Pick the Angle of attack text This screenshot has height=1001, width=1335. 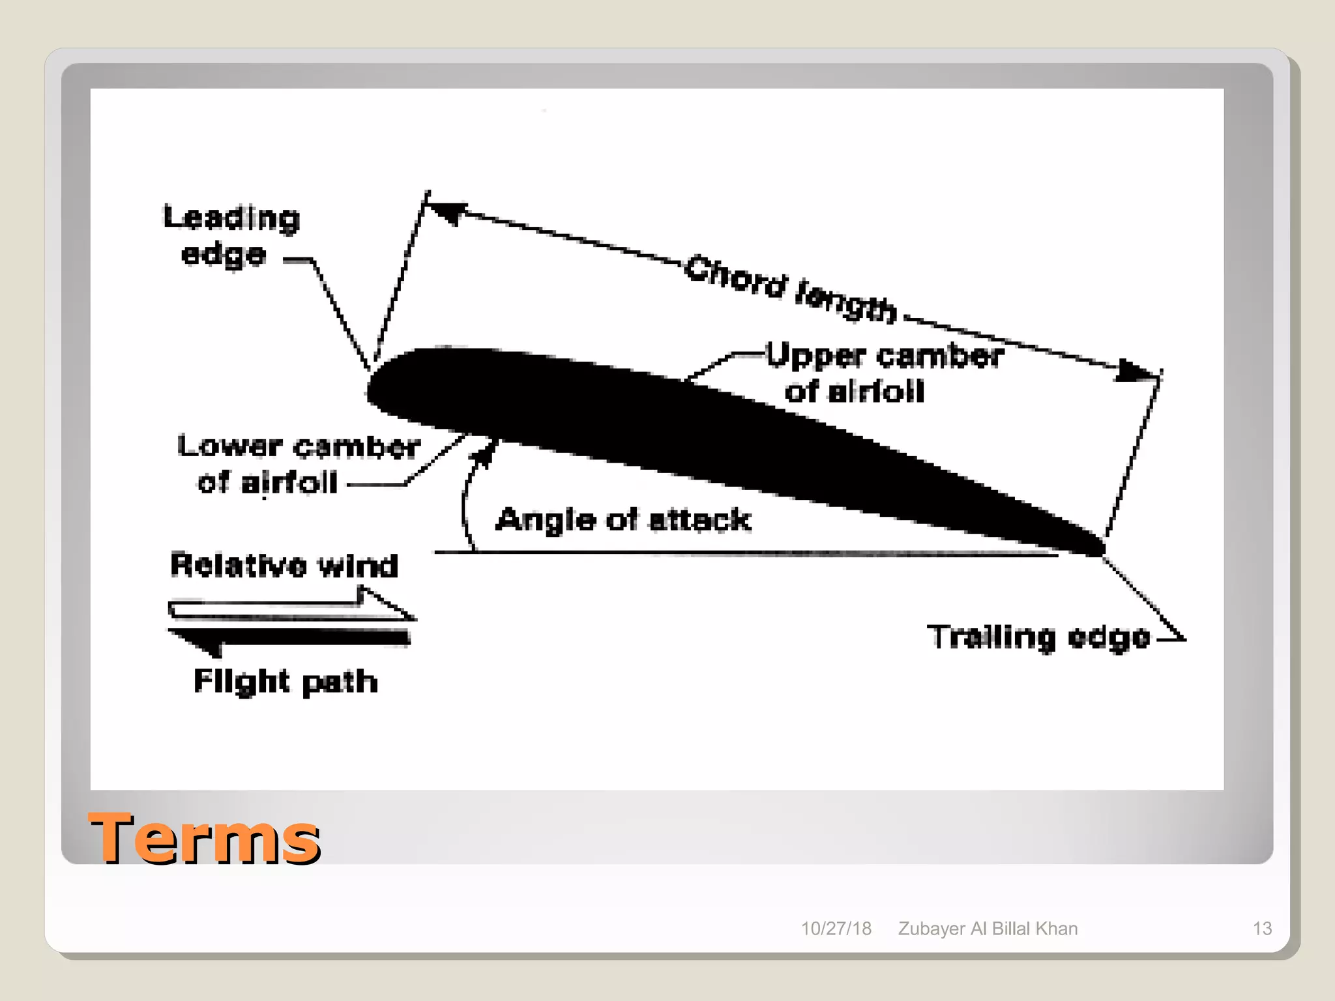coord(623,520)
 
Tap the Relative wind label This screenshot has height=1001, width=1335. coord(284,565)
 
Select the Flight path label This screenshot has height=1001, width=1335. coord(286,682)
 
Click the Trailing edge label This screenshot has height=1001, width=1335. coord(1038,637)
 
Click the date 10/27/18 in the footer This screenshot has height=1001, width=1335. coord(836,929)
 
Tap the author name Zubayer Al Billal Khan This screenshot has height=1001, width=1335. coord(988,929)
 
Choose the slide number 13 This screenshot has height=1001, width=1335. coord(1262,929)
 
